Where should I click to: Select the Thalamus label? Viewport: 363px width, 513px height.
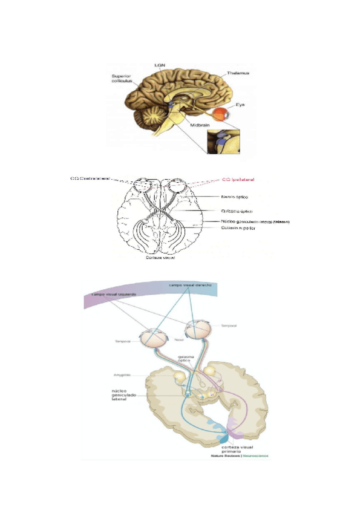[238, 73]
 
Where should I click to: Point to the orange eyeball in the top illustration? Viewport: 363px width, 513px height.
[224, 114]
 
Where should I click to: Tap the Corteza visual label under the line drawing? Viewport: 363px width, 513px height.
[160, 257]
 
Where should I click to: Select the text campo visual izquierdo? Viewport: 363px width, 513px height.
[114, 294]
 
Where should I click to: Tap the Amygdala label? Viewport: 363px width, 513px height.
[125, 376]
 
